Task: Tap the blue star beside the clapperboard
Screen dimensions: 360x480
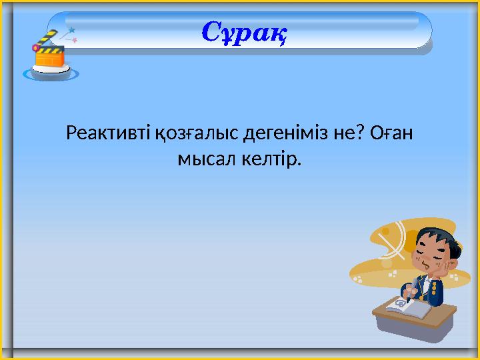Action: click(71, 30)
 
